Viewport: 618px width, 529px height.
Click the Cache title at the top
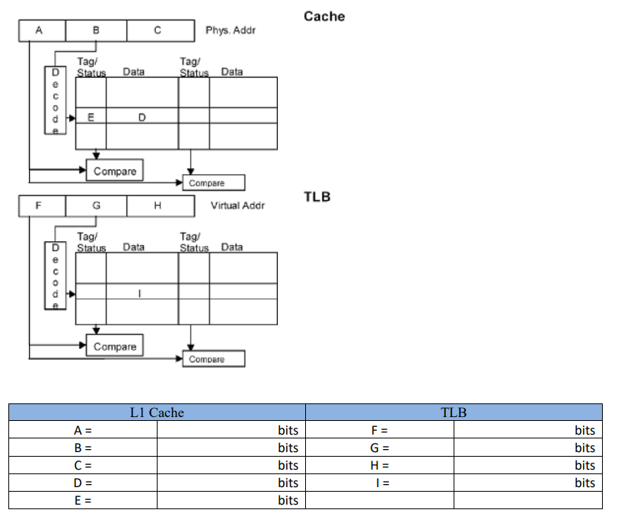tap(323, 16)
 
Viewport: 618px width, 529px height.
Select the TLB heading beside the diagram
tap(317, 197)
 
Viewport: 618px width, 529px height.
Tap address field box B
tap(96, 30)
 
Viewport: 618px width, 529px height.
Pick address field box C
tap(157, 30)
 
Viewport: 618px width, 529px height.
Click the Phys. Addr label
tap(231, 30)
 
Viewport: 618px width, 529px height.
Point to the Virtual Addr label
tap(237, 206)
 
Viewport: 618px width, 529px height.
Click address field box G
tap(96, 206)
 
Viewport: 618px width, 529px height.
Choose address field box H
tap(157, 206)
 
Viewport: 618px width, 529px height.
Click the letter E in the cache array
tap(91, 118)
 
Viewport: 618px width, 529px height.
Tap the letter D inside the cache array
tap(142, 118)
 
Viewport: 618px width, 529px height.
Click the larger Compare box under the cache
tap(115, 171)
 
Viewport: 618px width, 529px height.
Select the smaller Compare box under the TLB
tap(214, 359)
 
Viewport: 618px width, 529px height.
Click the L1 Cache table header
tap(157, 413)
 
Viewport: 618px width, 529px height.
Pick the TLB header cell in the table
tap(454, 413)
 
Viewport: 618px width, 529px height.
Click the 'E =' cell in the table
tap(83, 500)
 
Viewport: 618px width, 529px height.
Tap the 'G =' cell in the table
tap(380, 448)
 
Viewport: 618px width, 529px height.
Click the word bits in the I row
tap(585, 483)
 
